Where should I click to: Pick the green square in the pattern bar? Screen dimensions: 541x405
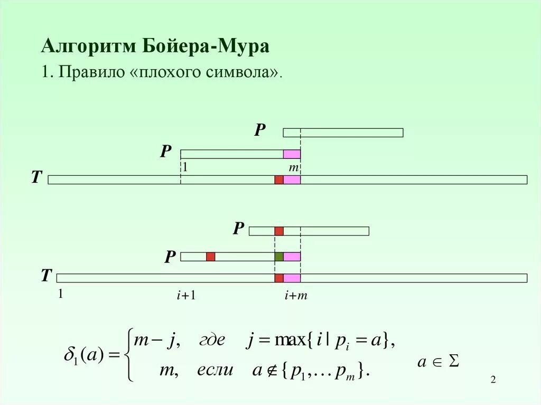279,257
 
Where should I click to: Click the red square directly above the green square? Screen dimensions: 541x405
279,231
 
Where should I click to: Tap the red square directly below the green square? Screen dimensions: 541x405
279,278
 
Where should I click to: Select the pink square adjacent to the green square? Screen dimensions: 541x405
292,257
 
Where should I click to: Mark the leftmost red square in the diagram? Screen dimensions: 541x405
211,257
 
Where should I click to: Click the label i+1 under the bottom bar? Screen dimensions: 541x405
186,296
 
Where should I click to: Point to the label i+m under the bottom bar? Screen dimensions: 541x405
296,296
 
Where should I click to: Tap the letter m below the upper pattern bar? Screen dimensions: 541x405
294,167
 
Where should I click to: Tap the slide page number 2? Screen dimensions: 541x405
493,381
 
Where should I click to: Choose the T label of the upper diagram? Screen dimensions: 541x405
36,178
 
